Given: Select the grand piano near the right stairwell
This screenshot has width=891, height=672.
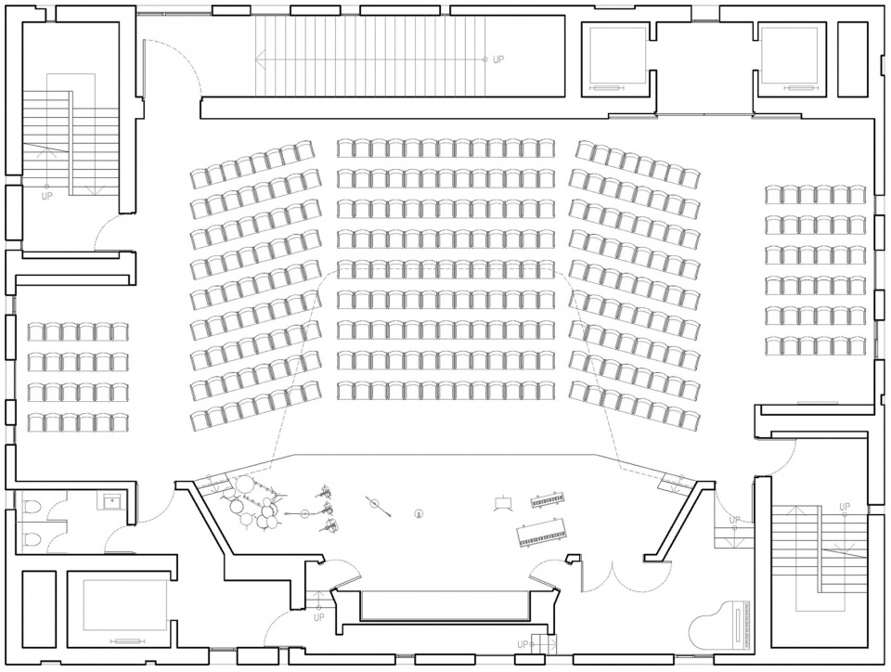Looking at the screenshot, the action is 719,624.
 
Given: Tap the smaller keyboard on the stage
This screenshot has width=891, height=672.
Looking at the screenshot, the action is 549,500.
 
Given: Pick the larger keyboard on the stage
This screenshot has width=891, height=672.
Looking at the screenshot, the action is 541,533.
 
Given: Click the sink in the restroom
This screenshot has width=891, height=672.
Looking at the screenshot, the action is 112,501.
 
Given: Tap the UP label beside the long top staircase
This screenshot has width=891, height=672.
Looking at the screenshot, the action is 498,59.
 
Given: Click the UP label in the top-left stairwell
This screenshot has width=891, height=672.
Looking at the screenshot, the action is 46,196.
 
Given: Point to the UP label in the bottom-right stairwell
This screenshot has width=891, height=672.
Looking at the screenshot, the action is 845,507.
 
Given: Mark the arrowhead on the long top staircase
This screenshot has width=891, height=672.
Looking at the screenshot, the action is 260,58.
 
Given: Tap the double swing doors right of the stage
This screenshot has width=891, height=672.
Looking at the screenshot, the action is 612,575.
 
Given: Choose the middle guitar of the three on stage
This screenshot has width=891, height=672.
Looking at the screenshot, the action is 327,508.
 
